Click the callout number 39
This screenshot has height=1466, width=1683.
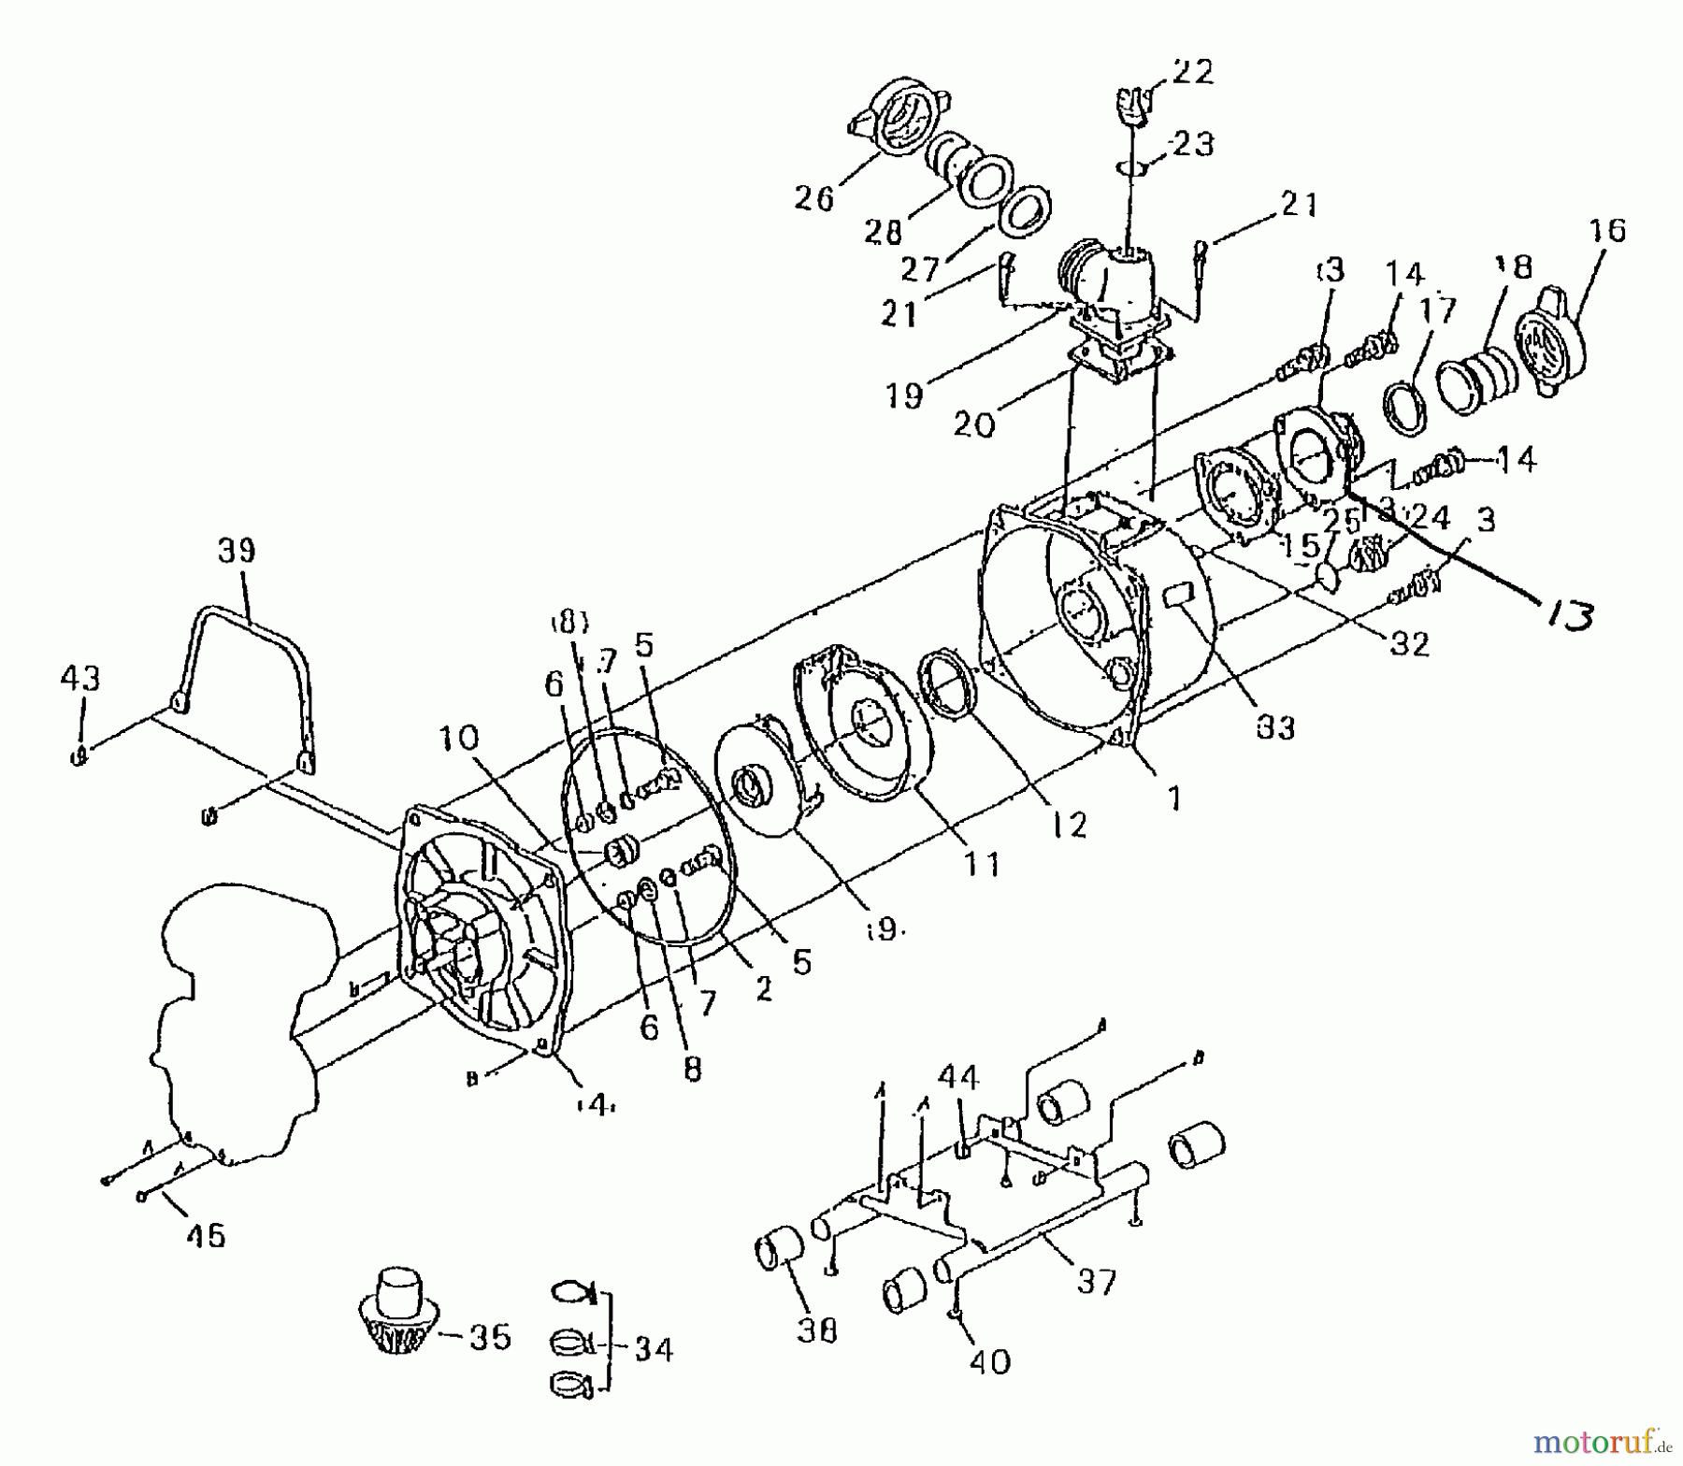[x=236, y=551]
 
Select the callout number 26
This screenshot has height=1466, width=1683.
[x=813, y=198]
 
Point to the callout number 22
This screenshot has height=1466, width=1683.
[x=1191, y=72]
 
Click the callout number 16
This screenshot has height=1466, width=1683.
[x=1606, y=230]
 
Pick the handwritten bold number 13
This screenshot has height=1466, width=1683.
[x=1564, y=616]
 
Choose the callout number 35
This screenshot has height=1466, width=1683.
[x=490, y=1337]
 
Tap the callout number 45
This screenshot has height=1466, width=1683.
[x=205, y=1236]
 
